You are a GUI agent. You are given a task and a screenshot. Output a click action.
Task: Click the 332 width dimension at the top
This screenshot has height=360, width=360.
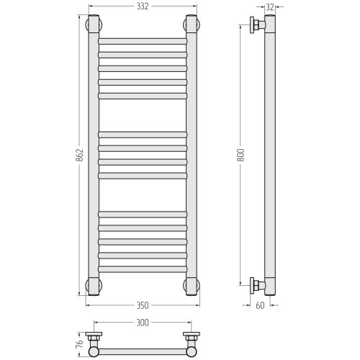[143, 6]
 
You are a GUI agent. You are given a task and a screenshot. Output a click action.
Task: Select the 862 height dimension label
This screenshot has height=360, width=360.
[79, 155]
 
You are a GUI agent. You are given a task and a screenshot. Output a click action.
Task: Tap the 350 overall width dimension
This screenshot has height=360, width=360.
[143, 305]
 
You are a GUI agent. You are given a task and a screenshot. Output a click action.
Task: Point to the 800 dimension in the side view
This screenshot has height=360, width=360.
[240, 155]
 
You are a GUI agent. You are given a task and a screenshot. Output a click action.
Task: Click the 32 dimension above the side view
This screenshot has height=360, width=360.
[270, 7]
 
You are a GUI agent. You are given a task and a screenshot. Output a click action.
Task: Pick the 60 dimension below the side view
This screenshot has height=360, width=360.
[260, 305]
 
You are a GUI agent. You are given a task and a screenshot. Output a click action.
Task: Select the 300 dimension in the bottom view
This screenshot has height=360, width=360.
[143, 323]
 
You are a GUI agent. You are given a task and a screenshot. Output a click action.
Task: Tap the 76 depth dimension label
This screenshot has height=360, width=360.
[79, 343]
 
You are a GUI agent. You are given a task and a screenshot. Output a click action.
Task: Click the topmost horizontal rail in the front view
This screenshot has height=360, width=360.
[143, 41]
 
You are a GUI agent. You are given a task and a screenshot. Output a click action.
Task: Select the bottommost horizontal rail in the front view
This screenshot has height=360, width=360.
[143, 269]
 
